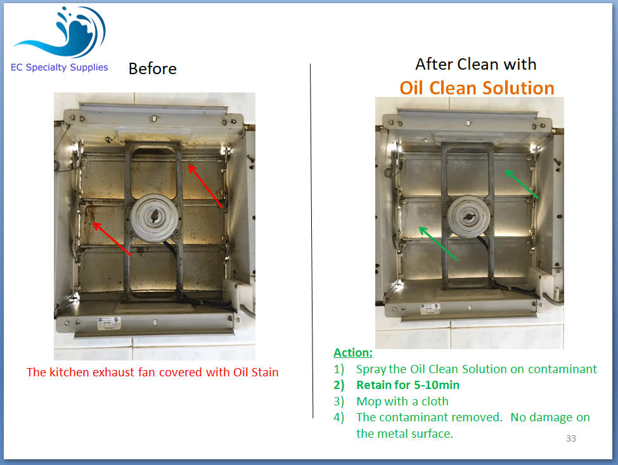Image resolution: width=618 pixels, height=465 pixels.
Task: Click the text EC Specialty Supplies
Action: coord(59,67)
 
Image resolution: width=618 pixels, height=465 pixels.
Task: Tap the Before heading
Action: coord(153,68)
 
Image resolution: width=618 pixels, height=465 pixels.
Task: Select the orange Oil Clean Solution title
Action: coord(477,88)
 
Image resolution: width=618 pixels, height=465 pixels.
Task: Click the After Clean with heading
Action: coord(476,64)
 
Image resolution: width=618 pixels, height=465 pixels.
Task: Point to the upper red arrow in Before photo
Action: coord(205,186)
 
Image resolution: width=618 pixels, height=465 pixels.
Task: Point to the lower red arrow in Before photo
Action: coord(112,239)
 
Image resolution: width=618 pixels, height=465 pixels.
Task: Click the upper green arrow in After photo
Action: coord(522,184)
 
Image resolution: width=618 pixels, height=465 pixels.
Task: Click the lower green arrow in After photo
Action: coord(438,243)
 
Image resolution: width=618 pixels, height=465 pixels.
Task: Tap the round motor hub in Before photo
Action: coord(154,216)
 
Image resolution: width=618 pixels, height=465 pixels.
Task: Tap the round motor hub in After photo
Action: coord(468,216)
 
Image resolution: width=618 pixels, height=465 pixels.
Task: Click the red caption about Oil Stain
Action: coord(153,372)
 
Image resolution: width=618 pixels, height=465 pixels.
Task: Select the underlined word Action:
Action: coord(353,352)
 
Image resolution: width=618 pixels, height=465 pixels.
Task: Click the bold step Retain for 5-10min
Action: coord(408,385)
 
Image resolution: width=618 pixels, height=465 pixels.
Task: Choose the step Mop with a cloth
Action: coord(402,401)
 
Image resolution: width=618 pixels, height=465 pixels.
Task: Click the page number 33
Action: coord(571,438)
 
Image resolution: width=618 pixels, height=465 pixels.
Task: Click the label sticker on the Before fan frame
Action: coord(109,322)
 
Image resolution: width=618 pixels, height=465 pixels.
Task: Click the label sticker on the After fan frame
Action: coord(430,308)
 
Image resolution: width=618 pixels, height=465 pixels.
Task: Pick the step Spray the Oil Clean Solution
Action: coord(476,369)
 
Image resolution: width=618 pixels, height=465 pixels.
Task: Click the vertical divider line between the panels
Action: coord(312,240)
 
